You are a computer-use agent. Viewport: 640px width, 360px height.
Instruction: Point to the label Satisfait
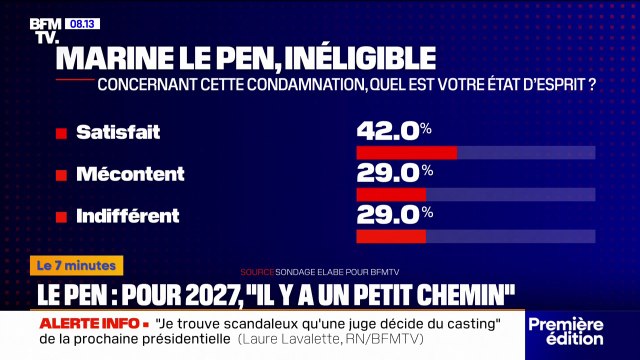coord(118,131)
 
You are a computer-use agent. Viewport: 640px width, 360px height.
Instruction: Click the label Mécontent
coord(130,173)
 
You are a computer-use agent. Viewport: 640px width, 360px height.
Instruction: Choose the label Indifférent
coord(128,215)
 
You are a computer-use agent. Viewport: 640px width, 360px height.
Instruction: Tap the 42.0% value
coord(394,130)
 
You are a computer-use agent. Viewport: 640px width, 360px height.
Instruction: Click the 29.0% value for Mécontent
coord(394,172)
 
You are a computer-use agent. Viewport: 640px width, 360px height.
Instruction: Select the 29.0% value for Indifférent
coord(394,214)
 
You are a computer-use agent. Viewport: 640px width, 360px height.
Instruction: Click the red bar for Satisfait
coord(406,153)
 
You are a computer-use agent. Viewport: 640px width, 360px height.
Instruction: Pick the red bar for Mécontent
coord(391,194)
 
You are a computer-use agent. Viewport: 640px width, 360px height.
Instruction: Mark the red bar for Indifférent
coord(391,236)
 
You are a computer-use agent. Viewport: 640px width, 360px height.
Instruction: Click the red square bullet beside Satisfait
coord(61,133)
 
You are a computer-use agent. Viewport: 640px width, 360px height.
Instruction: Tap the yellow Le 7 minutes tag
coord(79,266)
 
